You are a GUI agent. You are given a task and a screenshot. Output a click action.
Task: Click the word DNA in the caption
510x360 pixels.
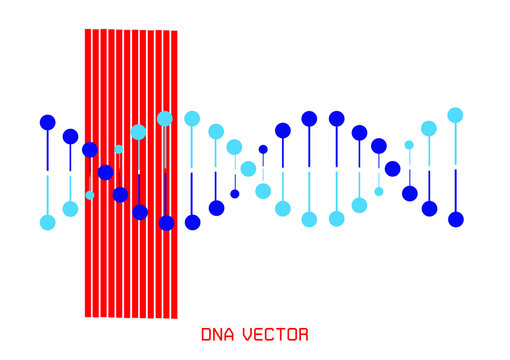tap(218, 335)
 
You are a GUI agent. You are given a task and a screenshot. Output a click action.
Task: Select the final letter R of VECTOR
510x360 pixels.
tap(303, 335)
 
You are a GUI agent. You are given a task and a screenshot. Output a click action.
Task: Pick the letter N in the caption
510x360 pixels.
tap(218, 335)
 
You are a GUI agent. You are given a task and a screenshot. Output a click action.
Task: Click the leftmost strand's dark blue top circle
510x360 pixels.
tap(47, 122)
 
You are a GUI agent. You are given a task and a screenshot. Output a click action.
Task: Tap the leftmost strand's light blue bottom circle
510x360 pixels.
tap(47, 222)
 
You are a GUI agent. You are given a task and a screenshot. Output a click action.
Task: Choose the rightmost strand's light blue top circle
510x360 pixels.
tap(455, 115)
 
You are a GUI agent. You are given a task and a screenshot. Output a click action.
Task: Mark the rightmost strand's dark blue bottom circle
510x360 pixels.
tap(456, 219)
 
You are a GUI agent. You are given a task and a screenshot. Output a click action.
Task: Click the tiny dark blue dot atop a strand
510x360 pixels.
tap(263, 149)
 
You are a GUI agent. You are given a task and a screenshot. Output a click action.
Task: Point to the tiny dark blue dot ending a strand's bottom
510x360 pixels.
tap(235, 194)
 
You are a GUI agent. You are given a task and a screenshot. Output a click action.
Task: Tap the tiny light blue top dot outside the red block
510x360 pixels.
tap(409, 145)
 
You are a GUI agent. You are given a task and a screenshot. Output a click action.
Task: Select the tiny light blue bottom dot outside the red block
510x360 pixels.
tap(379, 191)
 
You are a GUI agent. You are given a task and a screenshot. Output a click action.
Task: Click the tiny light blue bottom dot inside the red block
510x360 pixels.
tap(90, 195)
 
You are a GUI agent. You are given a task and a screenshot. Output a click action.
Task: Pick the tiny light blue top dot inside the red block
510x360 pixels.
tap(119, 149)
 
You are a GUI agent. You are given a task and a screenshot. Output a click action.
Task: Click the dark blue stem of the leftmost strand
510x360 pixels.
tap(47, 150)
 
